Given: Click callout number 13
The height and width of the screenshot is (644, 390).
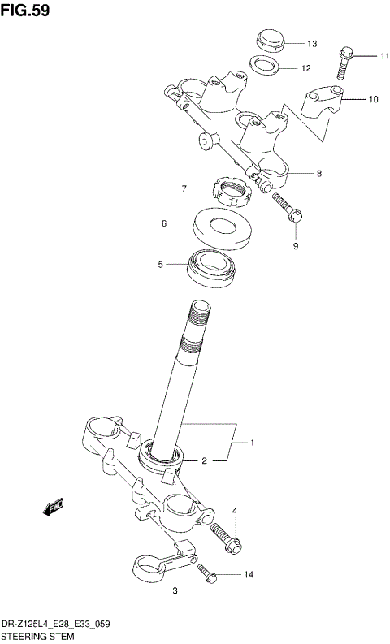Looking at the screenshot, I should (x=311, y=43).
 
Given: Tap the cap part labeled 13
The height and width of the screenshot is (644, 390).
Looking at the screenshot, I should (x=269, y=38).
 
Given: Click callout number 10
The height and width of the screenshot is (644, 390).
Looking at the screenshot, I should (x=373, y=100).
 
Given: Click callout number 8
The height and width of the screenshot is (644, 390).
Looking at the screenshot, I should (x=319, y=173).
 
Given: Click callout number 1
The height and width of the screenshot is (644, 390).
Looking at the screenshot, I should (x=253, y=443).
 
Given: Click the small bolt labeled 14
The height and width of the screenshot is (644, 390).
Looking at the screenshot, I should (x=206, y=573).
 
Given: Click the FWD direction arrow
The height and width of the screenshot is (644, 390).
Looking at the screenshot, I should (x=54, y=509).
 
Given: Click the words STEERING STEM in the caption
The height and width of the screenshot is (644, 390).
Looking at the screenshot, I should (x=37, y=636).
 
